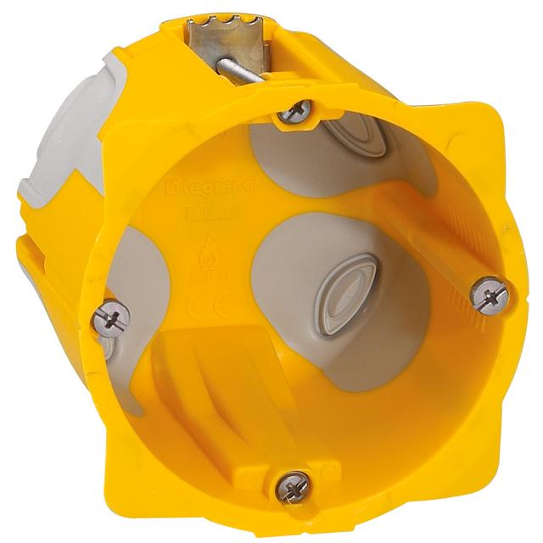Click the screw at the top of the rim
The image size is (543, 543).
pos(294,110)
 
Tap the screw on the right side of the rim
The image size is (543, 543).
pos(490,294)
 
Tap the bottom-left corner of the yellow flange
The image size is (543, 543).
pos(110,475)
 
